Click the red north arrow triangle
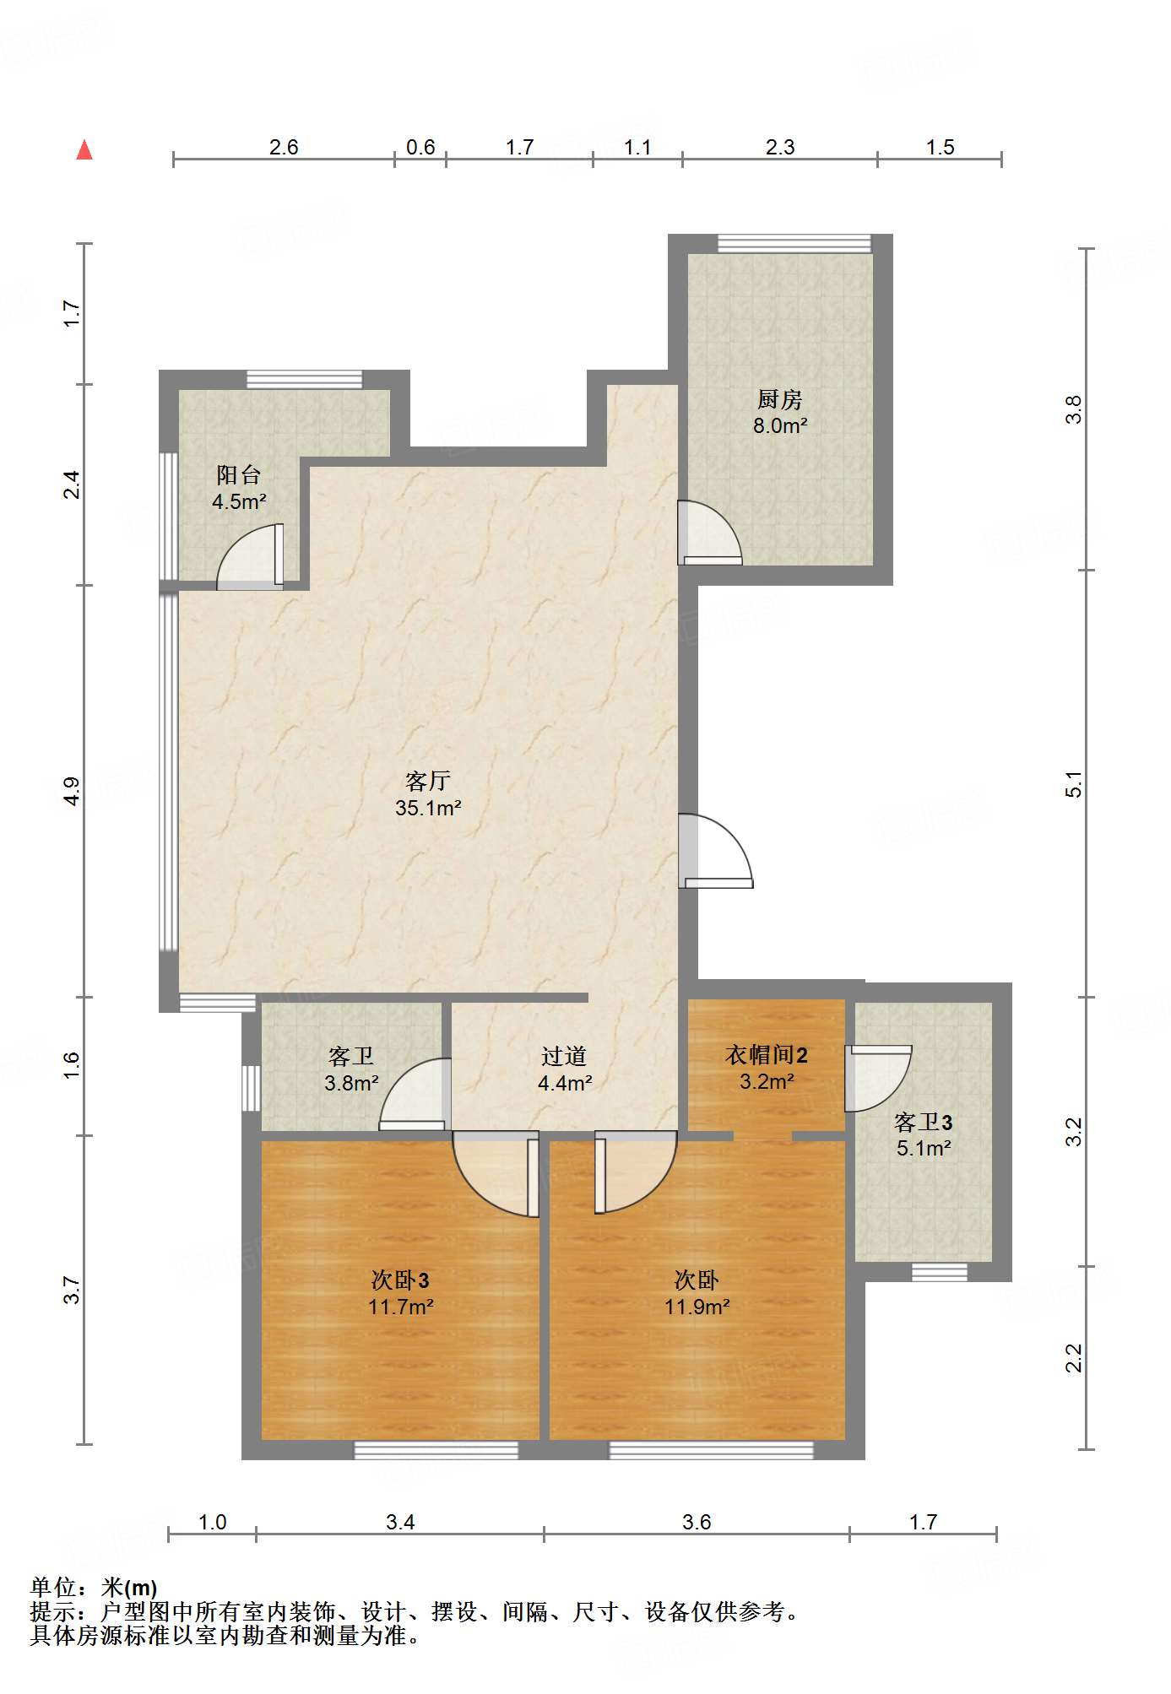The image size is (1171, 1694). coord(84,150)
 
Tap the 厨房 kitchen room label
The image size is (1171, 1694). coord(779,399)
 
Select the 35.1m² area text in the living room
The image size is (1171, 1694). coord(428,808)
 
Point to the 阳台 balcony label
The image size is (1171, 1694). coord(239,475)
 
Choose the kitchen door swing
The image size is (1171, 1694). coord(710,533)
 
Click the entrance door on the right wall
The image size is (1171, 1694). coord(715,851)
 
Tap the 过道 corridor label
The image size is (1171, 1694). coord(564,1056)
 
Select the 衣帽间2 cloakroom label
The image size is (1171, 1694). coord(767,1055)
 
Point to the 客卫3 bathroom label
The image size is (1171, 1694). coord(924,1123)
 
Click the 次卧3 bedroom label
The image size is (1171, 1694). coord(401,1280)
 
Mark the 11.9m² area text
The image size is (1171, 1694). coord(697,1307)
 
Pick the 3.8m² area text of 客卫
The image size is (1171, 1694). coord(351,1083)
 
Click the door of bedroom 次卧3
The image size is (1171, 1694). coord(496,1174)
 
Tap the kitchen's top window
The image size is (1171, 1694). coord(794,243)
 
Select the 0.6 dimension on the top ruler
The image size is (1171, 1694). coord(420,148)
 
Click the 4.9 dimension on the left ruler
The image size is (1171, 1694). coord(72,791)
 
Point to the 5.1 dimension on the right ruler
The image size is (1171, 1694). coord(1073,784)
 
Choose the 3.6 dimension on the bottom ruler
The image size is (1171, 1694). coord(697,1522)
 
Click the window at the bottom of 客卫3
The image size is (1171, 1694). coord(940,1272)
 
